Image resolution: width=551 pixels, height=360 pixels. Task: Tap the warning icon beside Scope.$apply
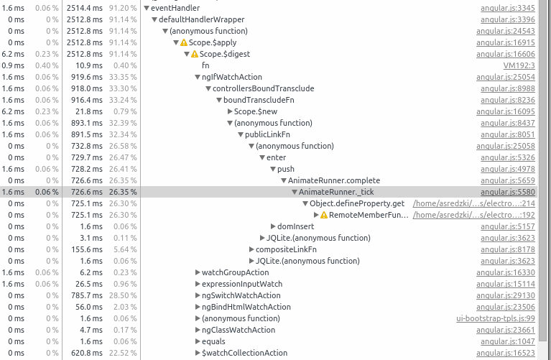click(183, 42)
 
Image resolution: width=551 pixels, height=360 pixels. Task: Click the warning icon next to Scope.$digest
click(194, 54)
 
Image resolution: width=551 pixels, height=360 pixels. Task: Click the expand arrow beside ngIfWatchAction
click(198, 77)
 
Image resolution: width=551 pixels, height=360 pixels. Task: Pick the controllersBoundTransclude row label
click(263, 88)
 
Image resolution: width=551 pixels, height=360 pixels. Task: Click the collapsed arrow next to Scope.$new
click(230, 111)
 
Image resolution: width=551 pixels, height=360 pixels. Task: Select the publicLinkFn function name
click(267, 134)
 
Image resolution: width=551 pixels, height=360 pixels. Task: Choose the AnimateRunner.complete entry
click(334, 180)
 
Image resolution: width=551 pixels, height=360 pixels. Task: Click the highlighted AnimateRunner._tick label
click(336, 192)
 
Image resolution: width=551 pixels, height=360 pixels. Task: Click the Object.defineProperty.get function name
click(357, 203)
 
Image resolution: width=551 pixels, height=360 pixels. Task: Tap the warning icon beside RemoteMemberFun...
click(324, 215)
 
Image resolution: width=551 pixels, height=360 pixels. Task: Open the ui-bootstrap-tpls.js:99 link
click(496, 318)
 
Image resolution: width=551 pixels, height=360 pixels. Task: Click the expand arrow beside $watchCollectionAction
click(198, 353)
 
